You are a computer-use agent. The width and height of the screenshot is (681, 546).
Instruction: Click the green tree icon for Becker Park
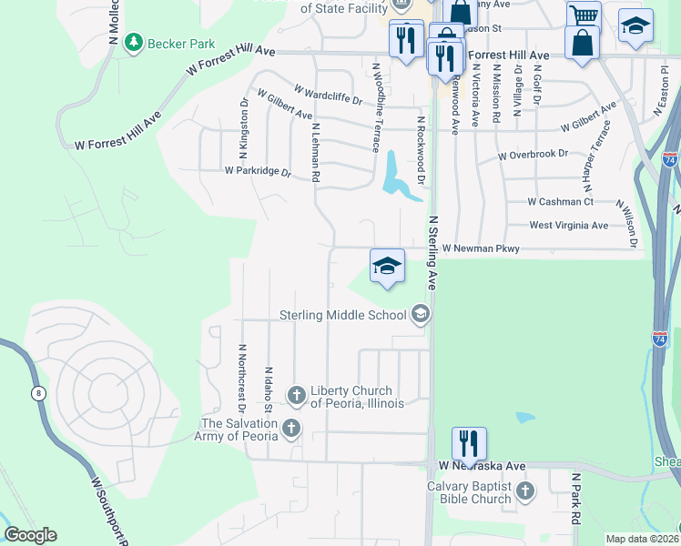tap(134, 42)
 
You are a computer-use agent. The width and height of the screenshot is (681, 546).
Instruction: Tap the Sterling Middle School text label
tap(343, 316)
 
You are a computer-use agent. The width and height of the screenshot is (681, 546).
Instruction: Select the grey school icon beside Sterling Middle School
tap(420, 315)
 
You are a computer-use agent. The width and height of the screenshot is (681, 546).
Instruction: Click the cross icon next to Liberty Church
tap(296, 396)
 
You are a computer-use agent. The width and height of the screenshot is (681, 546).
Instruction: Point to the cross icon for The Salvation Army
tap(290, 428)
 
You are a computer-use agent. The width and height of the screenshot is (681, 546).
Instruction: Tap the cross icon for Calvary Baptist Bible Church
tap(524, 492)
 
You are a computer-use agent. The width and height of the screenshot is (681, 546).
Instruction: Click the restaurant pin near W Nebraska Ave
tap(469, 444)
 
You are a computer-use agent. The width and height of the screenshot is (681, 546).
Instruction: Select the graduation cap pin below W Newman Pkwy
tap(387, 267)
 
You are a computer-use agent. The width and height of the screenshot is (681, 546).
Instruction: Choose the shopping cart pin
tap(584, 15)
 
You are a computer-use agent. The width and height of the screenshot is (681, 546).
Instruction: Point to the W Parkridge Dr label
tap(258, 171)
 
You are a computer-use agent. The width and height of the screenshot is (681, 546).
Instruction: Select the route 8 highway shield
tap(37, 393)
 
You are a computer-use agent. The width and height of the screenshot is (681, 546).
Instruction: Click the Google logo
tap(30, 535)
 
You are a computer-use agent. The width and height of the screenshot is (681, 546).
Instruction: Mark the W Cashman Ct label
tap(560, 202)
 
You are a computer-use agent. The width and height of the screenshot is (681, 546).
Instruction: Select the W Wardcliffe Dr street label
tap(328, 91)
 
